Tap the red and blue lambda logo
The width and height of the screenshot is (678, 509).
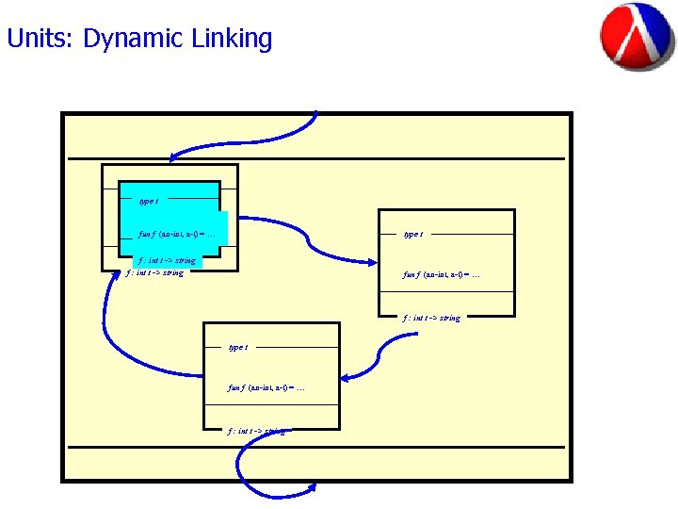tap(638, 37)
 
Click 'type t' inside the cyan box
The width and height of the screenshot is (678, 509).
tap(148, 201)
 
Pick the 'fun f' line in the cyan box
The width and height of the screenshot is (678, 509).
tap(178, 233)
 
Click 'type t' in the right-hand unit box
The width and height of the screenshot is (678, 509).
tap(412, 234)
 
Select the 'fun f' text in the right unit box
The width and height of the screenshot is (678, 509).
tap(441, 275)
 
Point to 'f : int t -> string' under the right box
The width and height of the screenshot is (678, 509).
tap(431, 318)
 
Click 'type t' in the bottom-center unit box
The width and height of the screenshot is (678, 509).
tap(238, 347)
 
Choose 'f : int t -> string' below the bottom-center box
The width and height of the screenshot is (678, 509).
tap(256, 431)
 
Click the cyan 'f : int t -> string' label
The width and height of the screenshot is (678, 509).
tap(167, 260)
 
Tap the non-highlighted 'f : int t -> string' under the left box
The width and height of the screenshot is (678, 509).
tap(154, 273)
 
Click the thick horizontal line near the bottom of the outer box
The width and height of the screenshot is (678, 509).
tap(316, 447)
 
